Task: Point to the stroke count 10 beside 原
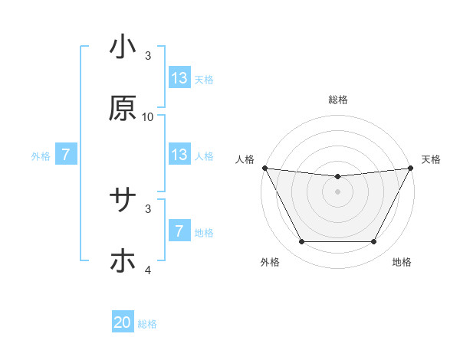pyautogui.click(x=148, y=116)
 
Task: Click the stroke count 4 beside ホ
pyautogui.click(x=148, y=270)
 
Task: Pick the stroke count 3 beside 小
pyautogui.click(x=148, y=56)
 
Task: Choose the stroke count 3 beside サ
pyautogui.click(x=148, y=208)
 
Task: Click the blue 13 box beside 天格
pyautogui.click(x=179, y=78)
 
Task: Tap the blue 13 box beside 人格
pyautogui.click(x=179, y=155)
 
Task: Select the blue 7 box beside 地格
pyautogui.click(x=179, y=231)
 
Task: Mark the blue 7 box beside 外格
pyautogui.click(x=67, y=155)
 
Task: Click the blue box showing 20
pyautogui.click(x=123, y=323)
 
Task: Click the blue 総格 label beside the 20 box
pyautogui.click(x=148, y=324)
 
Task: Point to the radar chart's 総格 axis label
pyautogui.click(x=338, y=100)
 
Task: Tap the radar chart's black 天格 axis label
pyautogui.click(x=431, y=159)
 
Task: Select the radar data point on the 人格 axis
pyautogui.click(x=264, y=168)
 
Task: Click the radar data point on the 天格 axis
pyautogui.click(x=411, y=168)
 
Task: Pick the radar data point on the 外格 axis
pyautogui.click(x=301, y=242)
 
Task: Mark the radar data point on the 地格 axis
pyautogui.click(x=374, y=242)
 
